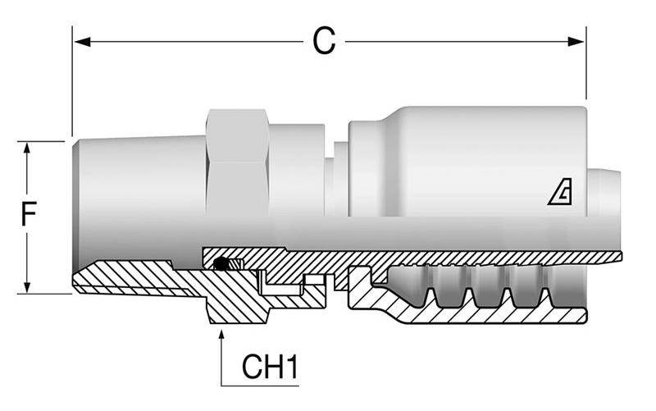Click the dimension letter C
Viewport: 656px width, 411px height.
(324, 41)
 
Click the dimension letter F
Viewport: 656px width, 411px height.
(28, 216)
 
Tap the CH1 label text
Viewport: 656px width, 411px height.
(269, 368)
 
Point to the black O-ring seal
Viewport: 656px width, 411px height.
(220, 263)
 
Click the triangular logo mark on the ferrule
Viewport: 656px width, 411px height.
(561, 194)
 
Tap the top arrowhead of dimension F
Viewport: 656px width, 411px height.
(28, 148)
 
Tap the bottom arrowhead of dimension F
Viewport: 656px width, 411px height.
(28, 287)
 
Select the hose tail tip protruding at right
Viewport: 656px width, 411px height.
(604, 194)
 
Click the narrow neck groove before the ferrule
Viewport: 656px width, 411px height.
(337, 185)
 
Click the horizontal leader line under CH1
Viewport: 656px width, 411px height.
(261, 384)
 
